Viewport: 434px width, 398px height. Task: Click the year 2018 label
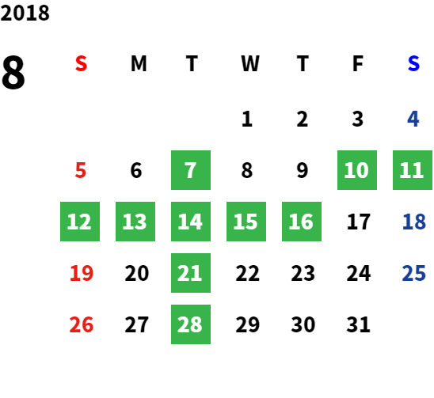click(25, 13)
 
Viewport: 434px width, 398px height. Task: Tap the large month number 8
click(13, 72)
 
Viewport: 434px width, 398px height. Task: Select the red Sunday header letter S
click(81, 63)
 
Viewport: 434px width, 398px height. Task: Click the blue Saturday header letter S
click(413, 63)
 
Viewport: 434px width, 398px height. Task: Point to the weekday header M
click(139, 63)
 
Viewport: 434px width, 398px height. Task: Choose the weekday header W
click(250, 63)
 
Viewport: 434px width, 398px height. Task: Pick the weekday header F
click(358, 63)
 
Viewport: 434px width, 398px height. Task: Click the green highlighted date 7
click(191, 170)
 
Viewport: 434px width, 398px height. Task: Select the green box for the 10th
click(357, 170)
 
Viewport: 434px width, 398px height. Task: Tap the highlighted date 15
click(246, 222)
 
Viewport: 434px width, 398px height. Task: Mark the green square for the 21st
click(191, 273)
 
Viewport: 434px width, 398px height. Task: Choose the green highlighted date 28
click(191, 324)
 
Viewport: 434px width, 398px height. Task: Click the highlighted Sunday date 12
click(80, 222)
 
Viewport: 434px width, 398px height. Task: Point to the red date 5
click(81, 170)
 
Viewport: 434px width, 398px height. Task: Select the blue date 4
click(413, 119)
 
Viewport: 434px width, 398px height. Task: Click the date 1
click(247, 119)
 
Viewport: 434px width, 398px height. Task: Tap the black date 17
click(359, 222)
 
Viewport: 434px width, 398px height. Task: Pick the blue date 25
click(413, 273)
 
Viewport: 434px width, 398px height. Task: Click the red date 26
click(82, 324)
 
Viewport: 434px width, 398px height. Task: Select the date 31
click(359, 324)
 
